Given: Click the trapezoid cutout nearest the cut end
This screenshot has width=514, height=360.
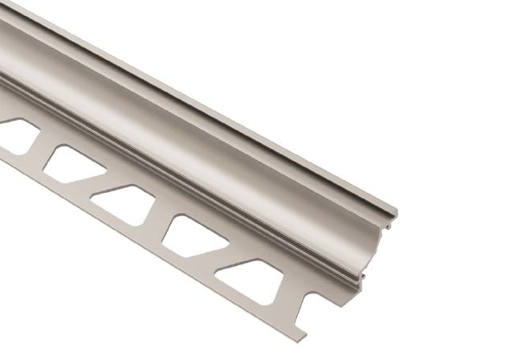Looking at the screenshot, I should (246, 278).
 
